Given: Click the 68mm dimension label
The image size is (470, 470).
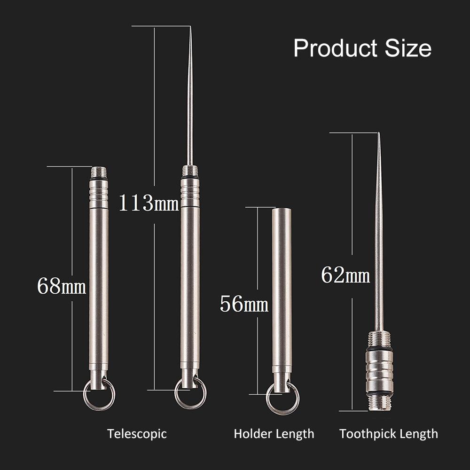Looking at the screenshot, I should pos(61,286).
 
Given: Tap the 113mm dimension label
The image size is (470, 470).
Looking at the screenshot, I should pos(148,203).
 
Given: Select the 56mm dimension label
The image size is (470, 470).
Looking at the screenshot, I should pos(244,304).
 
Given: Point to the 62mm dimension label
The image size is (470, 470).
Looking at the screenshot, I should pos(345,275).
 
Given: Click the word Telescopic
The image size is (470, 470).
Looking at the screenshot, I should pos(137,433).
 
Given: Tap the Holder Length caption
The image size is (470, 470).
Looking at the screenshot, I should pos(274,433).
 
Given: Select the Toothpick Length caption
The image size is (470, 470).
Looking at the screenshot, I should pos(389,433).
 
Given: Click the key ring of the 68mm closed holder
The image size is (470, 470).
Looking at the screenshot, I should pos(99,395).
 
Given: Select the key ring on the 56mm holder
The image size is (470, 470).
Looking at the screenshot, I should pos(282,399).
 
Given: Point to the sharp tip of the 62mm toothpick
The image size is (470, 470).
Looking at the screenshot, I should pos(379,135).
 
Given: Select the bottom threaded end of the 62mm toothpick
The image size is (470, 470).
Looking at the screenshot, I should pos(379,402).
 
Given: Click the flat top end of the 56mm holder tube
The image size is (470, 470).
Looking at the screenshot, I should pos(282,210).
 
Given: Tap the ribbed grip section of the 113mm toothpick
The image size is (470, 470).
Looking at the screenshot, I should pos(190,193).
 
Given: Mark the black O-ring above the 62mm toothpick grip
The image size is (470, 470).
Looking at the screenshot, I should pos(379,348).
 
